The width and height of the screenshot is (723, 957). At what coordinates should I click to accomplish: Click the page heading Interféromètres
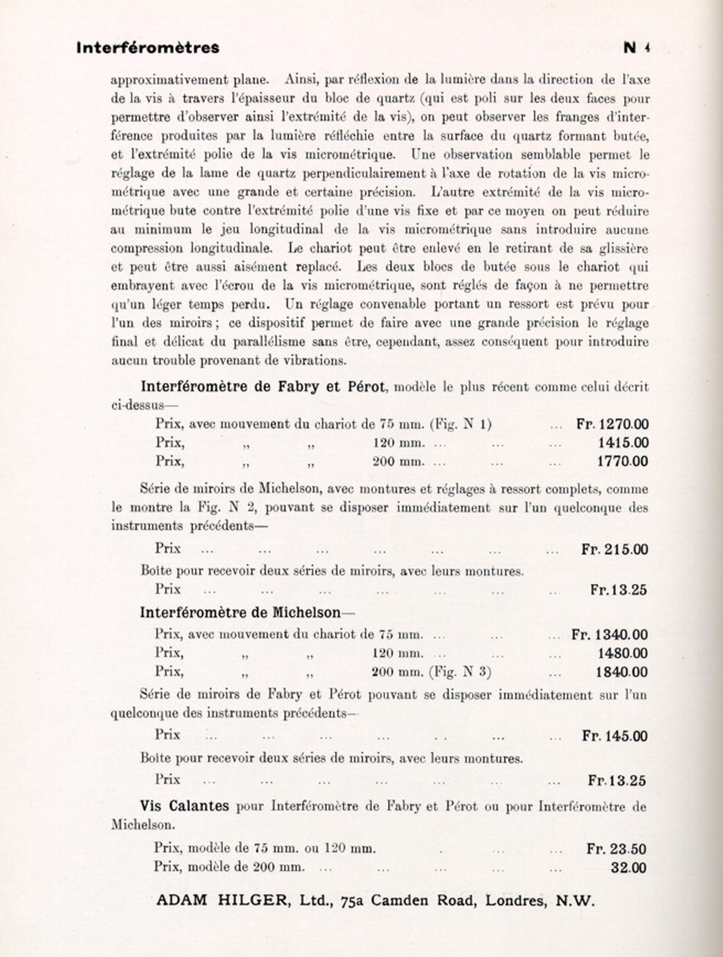pyautogui.click(x=148, y=48)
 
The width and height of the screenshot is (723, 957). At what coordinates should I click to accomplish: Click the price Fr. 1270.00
pyautogui.click(x=613, y=424)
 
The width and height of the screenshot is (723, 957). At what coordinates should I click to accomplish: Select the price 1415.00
pyautogui.click(x=623, y=443)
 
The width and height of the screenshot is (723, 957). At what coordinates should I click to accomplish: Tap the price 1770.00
pyautogui.click(x=623, y=461)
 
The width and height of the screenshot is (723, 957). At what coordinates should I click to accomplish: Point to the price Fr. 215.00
pyautogui.click(x=615, y=549)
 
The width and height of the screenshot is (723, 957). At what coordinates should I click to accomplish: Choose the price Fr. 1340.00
pyautogui.click(x=610, y=635)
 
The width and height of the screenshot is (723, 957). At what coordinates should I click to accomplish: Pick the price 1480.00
pyautogui.click(x=623, y=653)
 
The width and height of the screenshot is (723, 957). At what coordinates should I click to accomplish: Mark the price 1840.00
pyautogui.click(x=623, y=672)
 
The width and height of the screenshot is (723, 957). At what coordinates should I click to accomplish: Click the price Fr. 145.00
pyautogui.click(x=615, y=736)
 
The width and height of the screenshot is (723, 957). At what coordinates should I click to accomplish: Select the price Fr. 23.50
pyautogui.click(x=616, y=849)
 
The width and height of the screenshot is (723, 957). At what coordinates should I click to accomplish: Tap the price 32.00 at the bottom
pyautogui.click(x=629, y=868)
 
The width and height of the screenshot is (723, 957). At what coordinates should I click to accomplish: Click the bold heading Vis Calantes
pyautogui.click(x=184, y=806)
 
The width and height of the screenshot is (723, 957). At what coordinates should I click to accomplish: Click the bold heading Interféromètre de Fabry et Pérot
pyautogui.click(x=262, y=386)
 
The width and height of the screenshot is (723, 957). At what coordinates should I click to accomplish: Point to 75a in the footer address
pyautogui.click(x=353, y=901)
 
